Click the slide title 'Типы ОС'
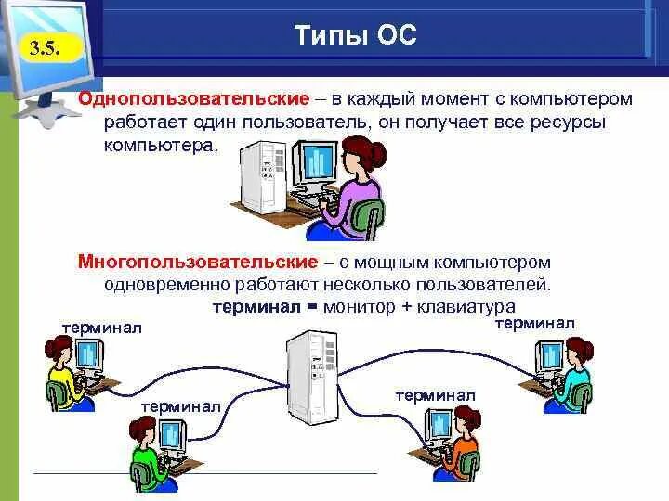[356, 35]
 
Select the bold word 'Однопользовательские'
[193, 98]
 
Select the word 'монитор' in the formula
[359, 307]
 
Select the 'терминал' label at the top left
[101, 328]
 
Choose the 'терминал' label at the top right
[534, 323]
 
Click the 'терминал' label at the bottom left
[180, 405]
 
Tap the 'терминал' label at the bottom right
[435, 396]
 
